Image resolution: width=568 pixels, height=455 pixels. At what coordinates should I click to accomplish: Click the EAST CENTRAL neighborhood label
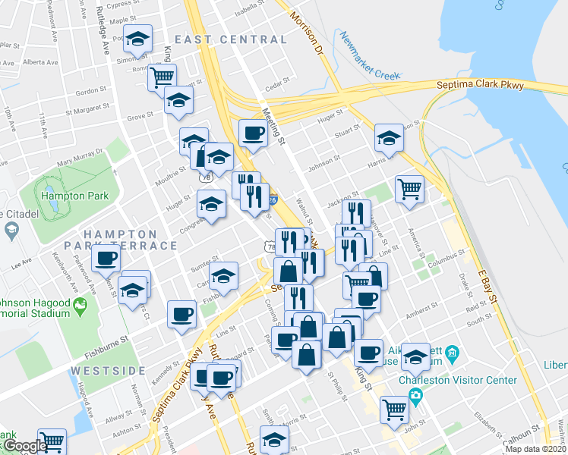231,39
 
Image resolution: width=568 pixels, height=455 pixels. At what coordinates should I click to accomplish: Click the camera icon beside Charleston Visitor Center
415,395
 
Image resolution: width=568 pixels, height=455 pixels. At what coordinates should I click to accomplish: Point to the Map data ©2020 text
535,449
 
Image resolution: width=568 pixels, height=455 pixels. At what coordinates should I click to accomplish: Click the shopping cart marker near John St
394,408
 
